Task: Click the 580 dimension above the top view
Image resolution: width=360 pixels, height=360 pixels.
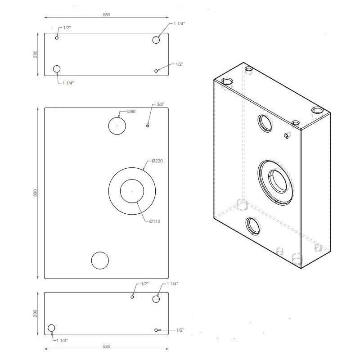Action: (106, 15)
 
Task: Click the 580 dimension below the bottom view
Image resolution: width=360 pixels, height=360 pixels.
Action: (106, 346)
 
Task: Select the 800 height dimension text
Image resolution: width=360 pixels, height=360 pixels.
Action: (35, 193)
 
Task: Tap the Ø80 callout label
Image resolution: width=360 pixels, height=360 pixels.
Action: (131, 111)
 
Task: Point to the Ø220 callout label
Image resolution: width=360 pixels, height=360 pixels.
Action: (157, 161)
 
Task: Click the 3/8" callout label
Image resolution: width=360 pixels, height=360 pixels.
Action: (161, 104)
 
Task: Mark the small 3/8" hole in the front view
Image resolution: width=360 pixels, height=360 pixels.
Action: (148, 126)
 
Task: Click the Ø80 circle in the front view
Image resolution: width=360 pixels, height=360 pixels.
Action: (117, 126)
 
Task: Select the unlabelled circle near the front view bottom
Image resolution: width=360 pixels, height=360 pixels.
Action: (100, 260)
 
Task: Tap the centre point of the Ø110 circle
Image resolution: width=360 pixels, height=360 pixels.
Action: (132, 191)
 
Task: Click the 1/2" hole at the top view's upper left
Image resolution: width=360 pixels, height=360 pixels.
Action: (57, 38)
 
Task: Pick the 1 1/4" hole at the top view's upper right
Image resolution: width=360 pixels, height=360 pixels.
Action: (156, 40)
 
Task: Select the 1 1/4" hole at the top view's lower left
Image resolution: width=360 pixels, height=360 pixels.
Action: (57, 68)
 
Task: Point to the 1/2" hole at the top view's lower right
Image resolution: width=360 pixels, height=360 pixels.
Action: (156, 71)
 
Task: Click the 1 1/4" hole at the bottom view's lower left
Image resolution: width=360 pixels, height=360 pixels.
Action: (51, 328)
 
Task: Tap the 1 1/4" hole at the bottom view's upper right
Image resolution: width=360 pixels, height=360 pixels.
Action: (156, 299)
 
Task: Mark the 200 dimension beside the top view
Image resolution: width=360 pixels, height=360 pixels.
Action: (35, 54)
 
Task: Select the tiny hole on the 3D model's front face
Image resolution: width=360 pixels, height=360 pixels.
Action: (286, 135)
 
